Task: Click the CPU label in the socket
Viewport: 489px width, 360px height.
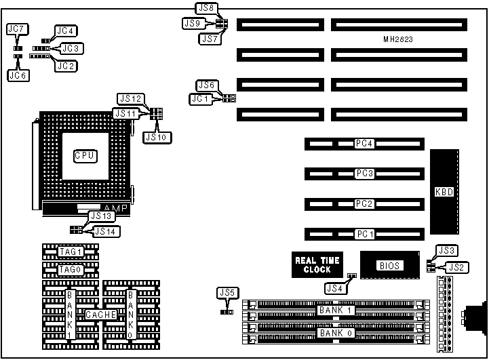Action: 84,156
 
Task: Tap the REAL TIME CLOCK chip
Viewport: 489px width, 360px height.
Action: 317,264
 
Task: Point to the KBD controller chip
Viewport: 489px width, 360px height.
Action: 444,192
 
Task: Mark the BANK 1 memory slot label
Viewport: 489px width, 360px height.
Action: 337,311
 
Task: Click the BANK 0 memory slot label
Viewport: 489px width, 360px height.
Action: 337,333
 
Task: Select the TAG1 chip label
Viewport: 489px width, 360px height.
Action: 70,252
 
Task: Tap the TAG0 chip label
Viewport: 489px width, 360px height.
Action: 70,269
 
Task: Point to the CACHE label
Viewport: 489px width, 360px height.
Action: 100,315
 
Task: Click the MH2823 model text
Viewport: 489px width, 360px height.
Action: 398,40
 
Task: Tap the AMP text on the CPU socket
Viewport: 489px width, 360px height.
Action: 114,207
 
